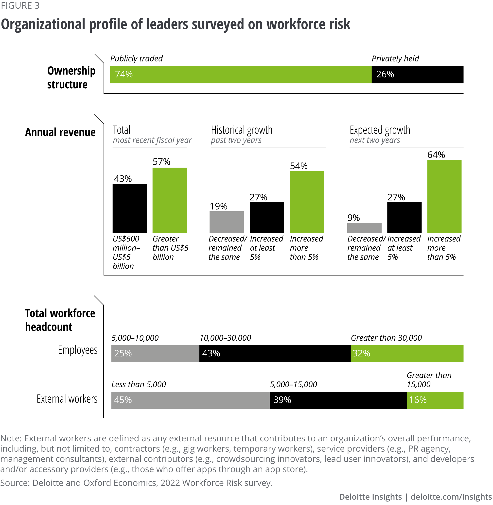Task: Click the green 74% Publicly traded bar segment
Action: [x=241, y=75]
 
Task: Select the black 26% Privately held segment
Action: [x=417, y=75]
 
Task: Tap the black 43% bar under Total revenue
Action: [x=130, y=208]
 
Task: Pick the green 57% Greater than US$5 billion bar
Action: [x=170, y=200]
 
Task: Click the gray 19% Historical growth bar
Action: [x=227, y=222]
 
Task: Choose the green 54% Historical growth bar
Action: [x=307, y=202]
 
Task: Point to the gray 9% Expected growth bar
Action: [x=364, y=228]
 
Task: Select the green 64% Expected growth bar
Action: [x=444, y=196]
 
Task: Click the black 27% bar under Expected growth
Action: [x=404, y=217]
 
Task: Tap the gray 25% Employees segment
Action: [x=155, y=354]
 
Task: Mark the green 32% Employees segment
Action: [x=407, y=354]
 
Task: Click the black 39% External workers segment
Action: [x=338, y=400]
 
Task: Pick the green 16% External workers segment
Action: [x=435, y=400]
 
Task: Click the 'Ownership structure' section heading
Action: [x=71, y=78]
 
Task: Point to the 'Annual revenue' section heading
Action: [x=60, y=133]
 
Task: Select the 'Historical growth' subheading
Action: [x=242, y=130]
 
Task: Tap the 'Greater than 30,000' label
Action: [x=386, y=338]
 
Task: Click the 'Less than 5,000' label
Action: [x=139, y=385]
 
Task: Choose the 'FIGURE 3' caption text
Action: [x=20, y=5]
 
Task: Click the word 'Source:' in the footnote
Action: [x=15, y=483]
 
